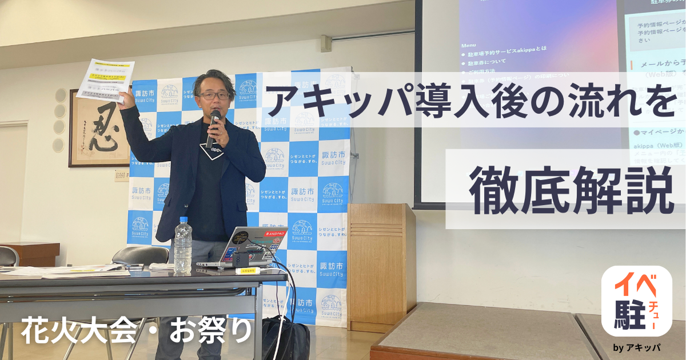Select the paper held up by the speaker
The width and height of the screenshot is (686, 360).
105,79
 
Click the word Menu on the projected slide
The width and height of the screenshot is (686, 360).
468,44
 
